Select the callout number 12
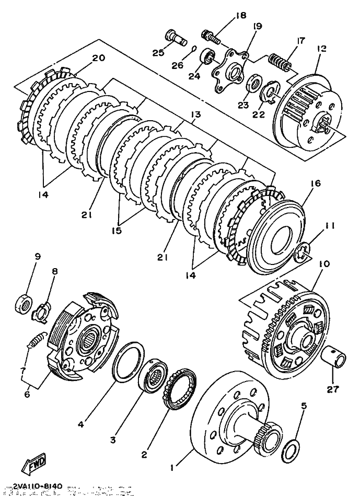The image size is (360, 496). pos(321,49)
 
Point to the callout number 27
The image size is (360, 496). pos(333,389)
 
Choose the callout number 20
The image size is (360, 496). pos(98,58)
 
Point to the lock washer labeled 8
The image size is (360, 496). pos(41,312)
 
